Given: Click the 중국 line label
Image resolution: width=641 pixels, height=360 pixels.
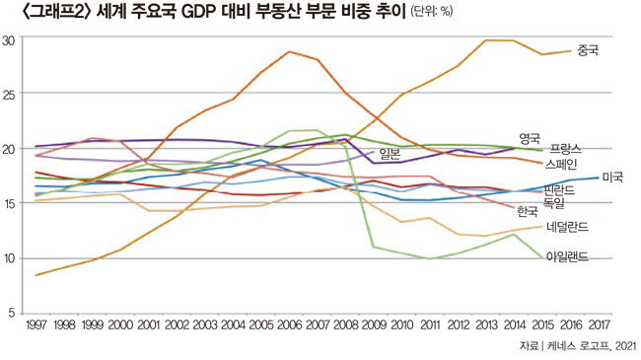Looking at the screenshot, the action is click(588, 50).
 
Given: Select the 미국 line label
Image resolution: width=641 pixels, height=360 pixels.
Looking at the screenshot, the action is click(612, 178).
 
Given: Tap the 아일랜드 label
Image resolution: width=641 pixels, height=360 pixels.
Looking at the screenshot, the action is click(567, 256).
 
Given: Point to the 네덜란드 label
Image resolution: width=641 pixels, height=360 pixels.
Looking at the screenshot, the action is click(567, 227).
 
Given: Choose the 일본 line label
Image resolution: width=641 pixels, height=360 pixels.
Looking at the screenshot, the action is click(390, 154).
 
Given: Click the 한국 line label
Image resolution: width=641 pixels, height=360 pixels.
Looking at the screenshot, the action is click(528, 211).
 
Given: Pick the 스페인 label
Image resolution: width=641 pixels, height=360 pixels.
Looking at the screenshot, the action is click(561, 164).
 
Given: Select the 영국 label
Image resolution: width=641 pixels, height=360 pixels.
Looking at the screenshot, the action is click(530, 138).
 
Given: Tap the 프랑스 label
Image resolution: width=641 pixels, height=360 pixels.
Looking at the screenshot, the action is click(565, 149).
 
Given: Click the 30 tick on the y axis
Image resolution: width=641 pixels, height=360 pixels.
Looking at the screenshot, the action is click(9, 40).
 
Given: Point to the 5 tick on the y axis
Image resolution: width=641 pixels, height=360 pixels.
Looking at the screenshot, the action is click(12, 313).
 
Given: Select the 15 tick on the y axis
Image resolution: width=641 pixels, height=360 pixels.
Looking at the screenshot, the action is click(9, 203).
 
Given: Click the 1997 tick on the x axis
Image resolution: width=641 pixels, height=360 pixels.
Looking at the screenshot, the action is click(36, 324).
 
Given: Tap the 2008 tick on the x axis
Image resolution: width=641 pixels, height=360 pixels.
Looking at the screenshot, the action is click(345, 324).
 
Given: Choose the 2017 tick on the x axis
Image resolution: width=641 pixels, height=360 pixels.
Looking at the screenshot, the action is click(600, 324).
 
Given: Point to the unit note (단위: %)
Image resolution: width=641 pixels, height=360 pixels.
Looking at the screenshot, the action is click(432, 12).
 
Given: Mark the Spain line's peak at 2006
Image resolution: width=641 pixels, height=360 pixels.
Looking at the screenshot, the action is click(289, 52).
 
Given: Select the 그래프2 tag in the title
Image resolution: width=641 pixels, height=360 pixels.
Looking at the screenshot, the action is click(57, 12).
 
